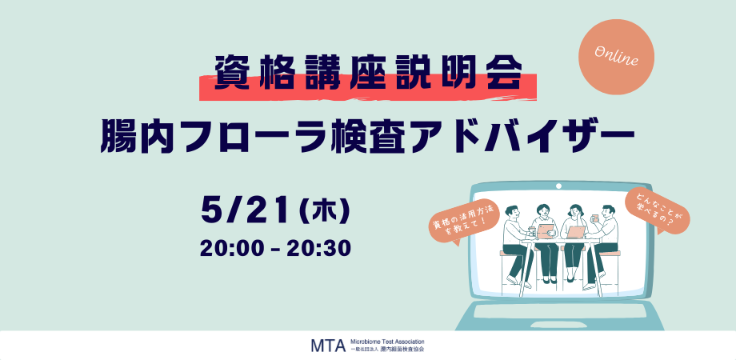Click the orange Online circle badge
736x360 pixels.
point(616,58)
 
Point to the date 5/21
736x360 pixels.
point(245,212)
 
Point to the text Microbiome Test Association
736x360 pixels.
point(387,342)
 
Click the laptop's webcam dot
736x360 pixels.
point(558,186)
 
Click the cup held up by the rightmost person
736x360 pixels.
point(594,218)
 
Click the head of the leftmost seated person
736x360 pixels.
point(513,212)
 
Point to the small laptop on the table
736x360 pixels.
point(577,232)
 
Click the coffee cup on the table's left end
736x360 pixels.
point(532,231)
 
